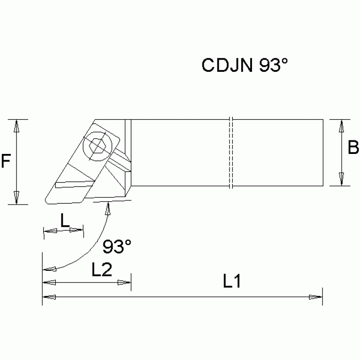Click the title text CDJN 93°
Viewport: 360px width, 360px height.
244,65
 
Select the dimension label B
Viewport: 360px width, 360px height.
353,148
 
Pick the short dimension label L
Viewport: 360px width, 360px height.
65,220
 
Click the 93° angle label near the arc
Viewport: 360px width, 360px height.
117,246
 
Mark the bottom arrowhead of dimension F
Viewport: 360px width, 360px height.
16,199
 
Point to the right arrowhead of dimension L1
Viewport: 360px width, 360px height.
316,297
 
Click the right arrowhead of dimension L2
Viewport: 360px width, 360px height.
124,283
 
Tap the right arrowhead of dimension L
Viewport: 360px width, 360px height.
77,230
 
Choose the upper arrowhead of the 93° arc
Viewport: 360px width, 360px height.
108,208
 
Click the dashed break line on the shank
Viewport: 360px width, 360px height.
231,153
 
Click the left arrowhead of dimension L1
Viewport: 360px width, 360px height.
49,297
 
